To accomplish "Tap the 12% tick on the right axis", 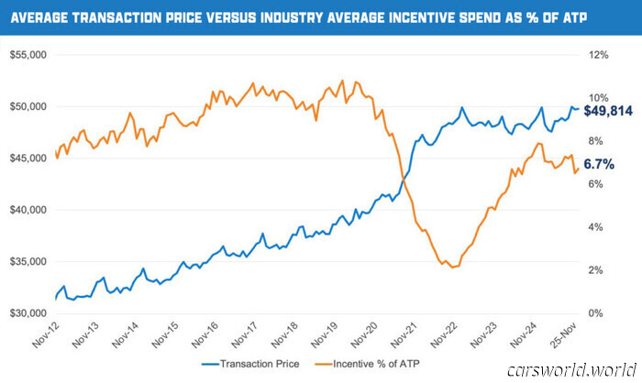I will tap(599, 55).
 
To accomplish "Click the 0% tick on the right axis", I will tap(596, 313).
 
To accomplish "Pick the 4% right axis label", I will tap(596, 227).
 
